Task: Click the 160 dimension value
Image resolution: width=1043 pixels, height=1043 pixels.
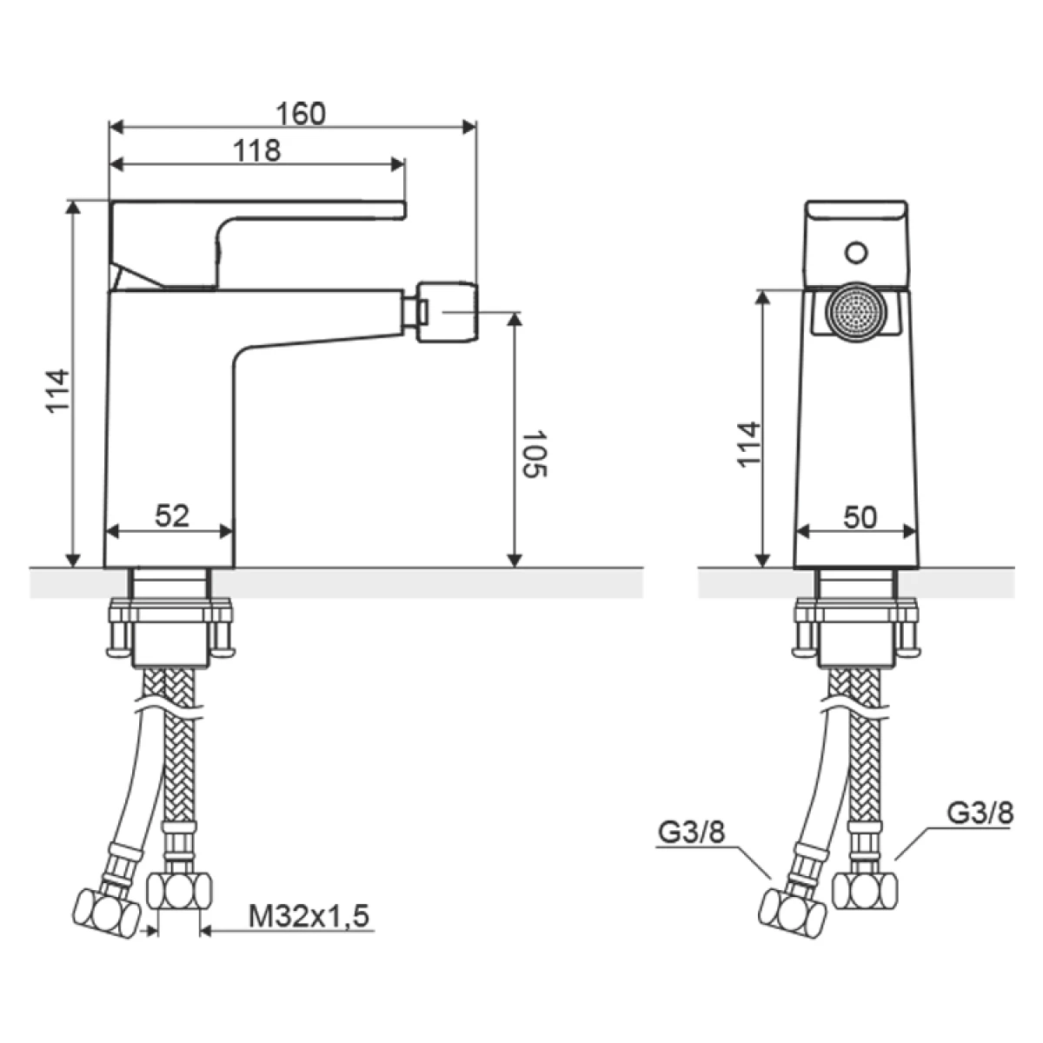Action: pos(301,113)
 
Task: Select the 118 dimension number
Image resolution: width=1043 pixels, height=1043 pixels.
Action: pos(257,150)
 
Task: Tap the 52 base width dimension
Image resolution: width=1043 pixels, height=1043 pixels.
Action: pos(172,515)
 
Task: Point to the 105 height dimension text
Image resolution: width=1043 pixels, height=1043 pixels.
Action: pos(535,454)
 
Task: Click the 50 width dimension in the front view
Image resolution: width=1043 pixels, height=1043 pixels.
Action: pos(860,518)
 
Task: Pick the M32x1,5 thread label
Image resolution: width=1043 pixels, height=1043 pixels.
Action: pos(309,916)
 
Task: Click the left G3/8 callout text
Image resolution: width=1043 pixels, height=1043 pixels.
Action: pos(691,832)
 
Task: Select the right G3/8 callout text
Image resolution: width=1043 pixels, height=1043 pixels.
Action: pos(980,813)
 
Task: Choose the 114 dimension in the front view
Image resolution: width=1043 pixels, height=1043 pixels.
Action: pos(749,444)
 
